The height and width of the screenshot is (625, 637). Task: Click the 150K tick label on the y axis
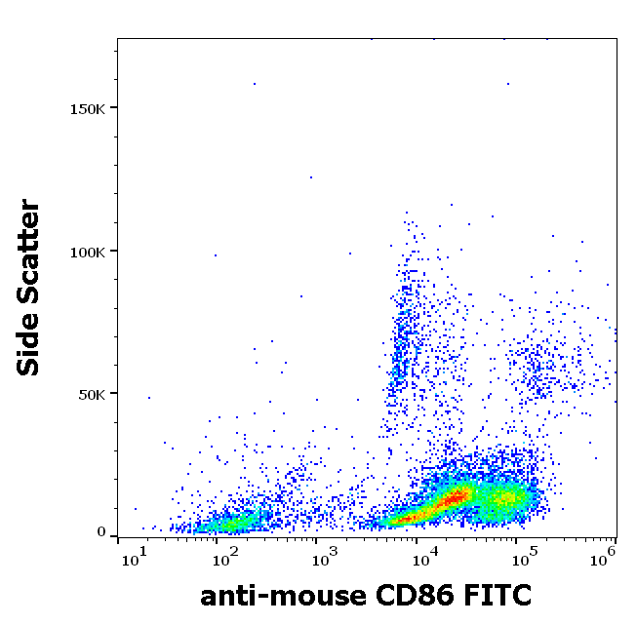click(87, 107)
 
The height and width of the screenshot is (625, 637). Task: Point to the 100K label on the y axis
click(87, 252)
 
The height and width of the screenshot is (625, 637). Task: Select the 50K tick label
click(92, 394)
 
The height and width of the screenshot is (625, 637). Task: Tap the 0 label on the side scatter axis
click(101, 532)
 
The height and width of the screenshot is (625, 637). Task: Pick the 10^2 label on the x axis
click(226, 559)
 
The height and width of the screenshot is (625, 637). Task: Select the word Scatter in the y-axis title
click(30, 249)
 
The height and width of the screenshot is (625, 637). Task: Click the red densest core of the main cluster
click(451, 499)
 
